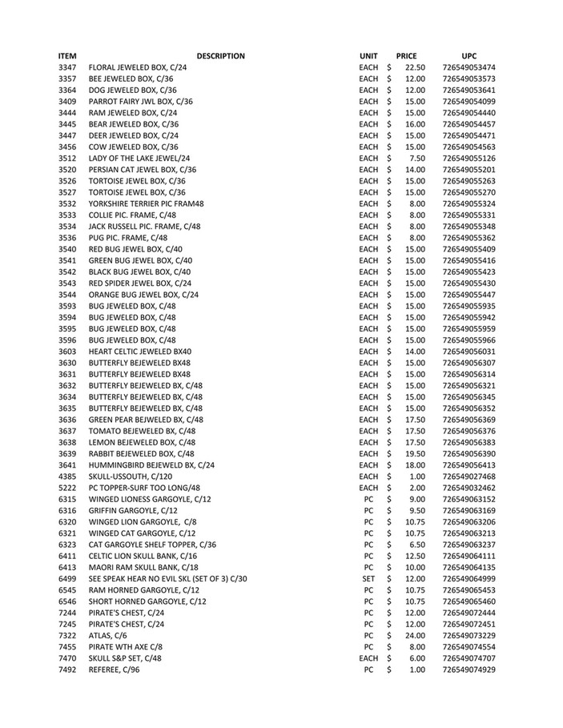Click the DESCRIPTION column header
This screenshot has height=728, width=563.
(220, 56)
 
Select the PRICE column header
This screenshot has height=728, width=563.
(407, 56)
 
